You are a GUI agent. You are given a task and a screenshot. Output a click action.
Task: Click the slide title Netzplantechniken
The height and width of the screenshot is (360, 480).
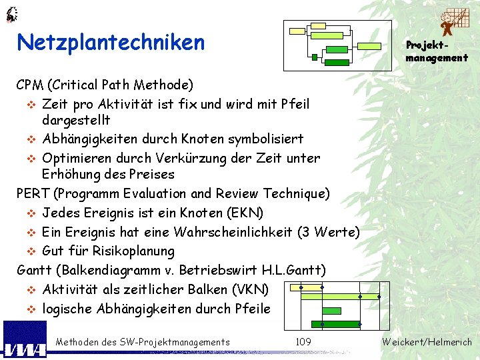111,43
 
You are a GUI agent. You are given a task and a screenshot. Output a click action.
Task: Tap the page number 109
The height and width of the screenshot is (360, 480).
303,342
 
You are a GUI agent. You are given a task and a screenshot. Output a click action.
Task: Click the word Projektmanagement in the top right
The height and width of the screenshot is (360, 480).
437,51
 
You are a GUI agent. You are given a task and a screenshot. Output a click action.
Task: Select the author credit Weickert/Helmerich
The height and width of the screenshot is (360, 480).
427,342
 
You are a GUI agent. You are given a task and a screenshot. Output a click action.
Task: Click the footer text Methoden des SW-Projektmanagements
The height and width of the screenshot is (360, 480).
143,342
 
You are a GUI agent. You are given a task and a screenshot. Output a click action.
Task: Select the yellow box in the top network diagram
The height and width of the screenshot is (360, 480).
319,25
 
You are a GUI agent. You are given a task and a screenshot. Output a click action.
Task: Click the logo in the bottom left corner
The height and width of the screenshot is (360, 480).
25,340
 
